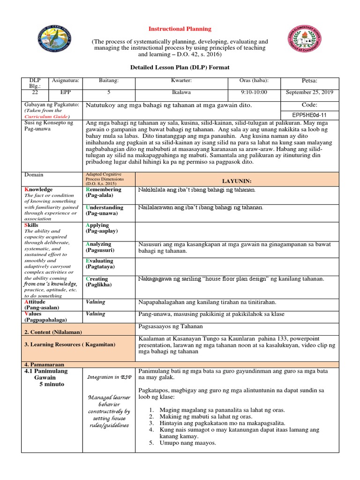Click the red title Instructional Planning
(180, 29)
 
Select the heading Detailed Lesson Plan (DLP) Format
(180, 67)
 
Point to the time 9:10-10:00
(253, 92)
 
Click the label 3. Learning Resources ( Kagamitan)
(70, 345)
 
